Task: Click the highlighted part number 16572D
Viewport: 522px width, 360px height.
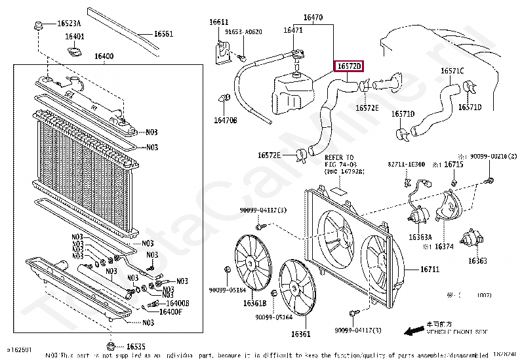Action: tap(349, 66)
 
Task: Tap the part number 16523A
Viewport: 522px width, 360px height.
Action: tap(68, 24)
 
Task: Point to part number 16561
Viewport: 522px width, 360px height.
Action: tap(163, 33)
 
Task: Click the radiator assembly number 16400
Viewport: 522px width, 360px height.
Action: tap(104, 56)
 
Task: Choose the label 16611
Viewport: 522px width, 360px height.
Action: tap(219, 22)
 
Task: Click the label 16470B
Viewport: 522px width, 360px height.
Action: tap(225, 120)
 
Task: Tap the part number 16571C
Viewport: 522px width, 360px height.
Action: tap(452, 70)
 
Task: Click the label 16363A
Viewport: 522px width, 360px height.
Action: tap(420, 237)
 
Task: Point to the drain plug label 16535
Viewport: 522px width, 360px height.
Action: tap(136, 346)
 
